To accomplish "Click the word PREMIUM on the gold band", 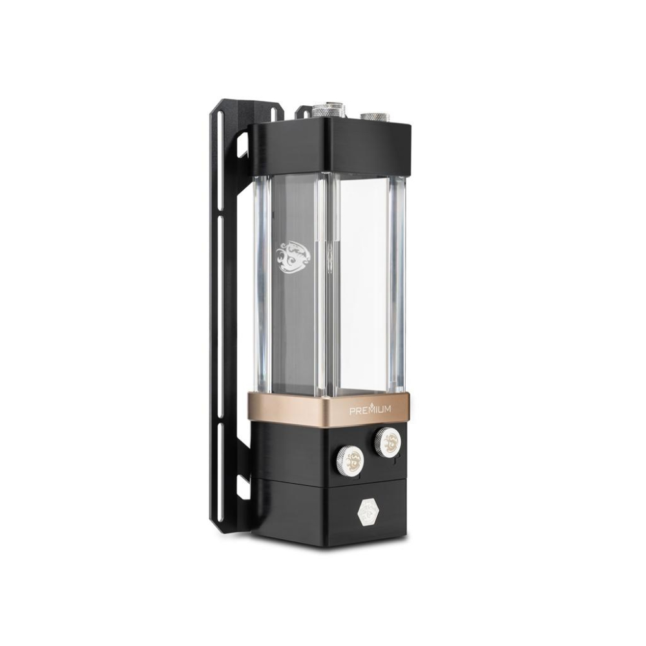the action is pyautogui.click(x=370, y=410).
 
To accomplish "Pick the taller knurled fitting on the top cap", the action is pyautogui.click(x=324, y=112).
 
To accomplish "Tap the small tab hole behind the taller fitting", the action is pyautogui.click(x=305, y=112).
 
